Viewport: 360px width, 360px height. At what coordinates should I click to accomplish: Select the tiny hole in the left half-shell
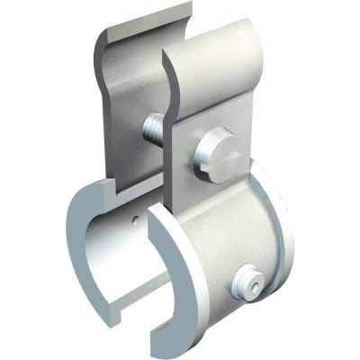point(133,219)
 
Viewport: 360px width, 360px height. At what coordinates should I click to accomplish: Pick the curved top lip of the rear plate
point(144,29)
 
